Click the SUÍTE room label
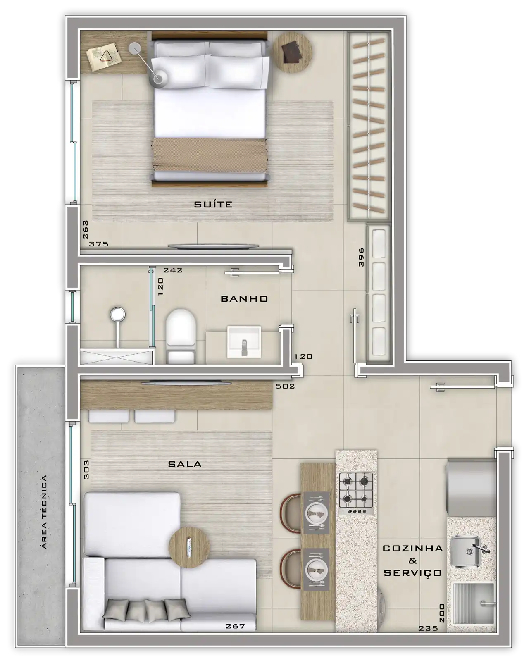213,204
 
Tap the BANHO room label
244,298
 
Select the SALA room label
185,464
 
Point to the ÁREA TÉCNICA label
44,512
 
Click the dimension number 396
361,257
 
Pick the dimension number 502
285,386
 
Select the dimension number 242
173,270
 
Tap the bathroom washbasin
244,342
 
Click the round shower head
118,315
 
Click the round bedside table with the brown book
292,52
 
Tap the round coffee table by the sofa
189,547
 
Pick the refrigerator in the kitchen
471,487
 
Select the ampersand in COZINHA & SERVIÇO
412,561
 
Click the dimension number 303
86,470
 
